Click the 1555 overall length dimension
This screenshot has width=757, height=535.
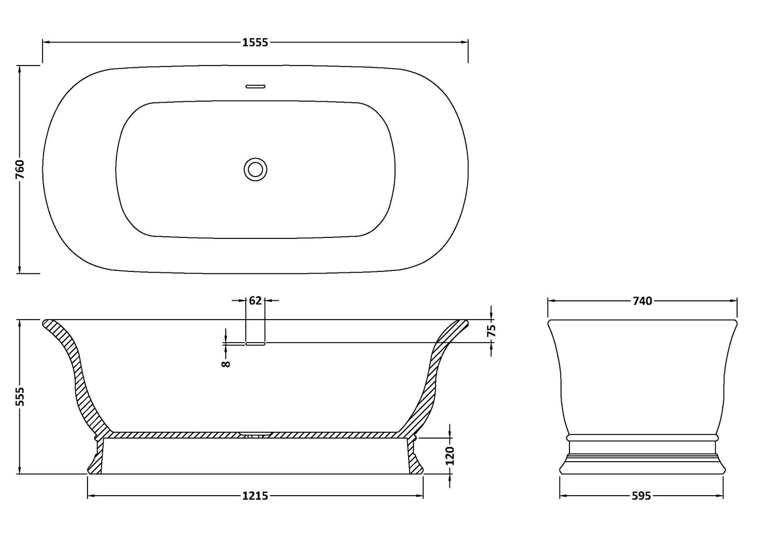pyautogui.click(x=255, y=43)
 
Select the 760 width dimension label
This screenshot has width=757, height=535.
pyautogui.click(x=20, y=170)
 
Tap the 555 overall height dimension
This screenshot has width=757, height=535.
pyautogui.click(x=20, y=396)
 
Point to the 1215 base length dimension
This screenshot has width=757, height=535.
pyautogui.click(x=255, y=495)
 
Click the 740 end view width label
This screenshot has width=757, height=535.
pyautogui.click(x=642, y=301)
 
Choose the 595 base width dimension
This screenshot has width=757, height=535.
pyautogui.click(x=641, y=495)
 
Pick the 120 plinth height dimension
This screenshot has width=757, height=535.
pyautogui.click(x=450, y=455)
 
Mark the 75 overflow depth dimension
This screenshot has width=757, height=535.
pyautogui.click(x=491, y=331)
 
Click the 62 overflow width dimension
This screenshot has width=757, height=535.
pyautogui.click(x=255, y=301)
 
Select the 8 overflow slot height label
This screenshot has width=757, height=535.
pyautogui.click(x=226, y=362)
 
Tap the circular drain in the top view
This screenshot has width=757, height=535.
pyautogui.click(x=256, y=169)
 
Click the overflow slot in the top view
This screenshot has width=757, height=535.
pyautogui.click(x=256, y=85)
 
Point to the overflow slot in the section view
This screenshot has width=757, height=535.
pyautogui.click(x=256, y=344)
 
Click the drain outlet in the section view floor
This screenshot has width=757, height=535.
pyautogui.click(x=256, y=434)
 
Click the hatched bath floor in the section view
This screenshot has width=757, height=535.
pyautogui.click(x=183, y=435)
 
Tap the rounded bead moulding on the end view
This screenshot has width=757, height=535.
pyautogui.click(x=642, y=436)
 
